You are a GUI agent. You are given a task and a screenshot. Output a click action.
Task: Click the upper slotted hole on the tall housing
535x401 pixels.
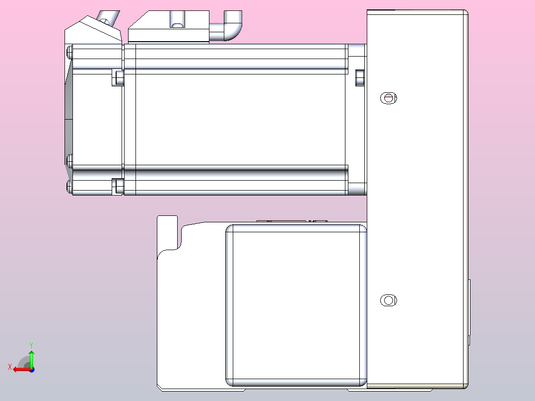pyautogui.click(x=389, y=98)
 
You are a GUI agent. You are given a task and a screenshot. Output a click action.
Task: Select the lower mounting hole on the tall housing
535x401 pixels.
pyautogui.click(x=389, y=300)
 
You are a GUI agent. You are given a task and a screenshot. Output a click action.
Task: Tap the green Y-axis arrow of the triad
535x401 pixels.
pyautogui.click(x=31, y=357)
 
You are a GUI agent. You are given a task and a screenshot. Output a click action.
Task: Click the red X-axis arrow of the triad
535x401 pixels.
pyautogui.click(x=20, y=369)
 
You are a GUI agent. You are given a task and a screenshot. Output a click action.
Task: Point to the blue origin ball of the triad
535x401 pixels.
pyautogui.click(x=31, y=369)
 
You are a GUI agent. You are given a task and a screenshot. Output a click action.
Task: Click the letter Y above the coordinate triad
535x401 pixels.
pyautogui.click(x=31, y=344)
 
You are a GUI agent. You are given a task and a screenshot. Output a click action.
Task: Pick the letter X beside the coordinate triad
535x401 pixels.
pyautogui.click(x=9, y=367)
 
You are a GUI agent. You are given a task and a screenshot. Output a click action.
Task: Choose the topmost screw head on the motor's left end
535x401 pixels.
pyautogui.click(x=69, y=51)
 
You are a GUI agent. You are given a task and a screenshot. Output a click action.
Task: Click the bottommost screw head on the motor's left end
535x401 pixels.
pyautogui.click(x=69, y=187)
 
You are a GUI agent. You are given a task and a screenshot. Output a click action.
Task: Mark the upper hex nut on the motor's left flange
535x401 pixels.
pyautogui.click(x=119, y=77)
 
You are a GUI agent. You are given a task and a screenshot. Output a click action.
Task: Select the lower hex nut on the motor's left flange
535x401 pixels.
pyautogui.click(x=119, y=186)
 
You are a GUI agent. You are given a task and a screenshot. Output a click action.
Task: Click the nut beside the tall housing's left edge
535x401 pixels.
pyautogui.click(x=360, y=77)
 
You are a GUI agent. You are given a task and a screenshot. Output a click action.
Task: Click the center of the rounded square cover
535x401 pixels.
pyautogui.click(x=297, y=305)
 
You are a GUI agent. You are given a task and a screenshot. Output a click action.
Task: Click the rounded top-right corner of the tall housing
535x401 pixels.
pyautogui.click(x=464, y=13)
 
